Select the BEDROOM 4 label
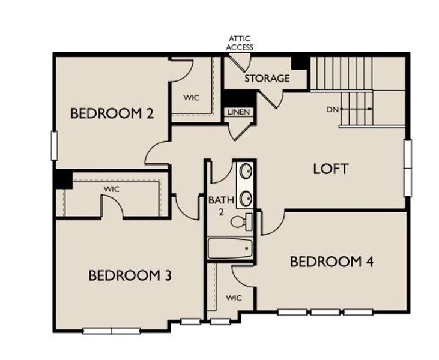(332, 262)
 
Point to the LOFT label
(330, 169)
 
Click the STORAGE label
(267, 79)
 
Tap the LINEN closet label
(239, 112)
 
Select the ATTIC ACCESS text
(240, 43)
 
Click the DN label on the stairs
(333, 109)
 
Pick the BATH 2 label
(219, 206)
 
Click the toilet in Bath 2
(240, 222)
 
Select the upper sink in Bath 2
(246, 172)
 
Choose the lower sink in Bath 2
(246, 197)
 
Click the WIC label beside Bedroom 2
(191, 97)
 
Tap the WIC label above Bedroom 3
(111, 189)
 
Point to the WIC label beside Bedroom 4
(234, 298)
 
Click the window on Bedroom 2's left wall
(54, 146)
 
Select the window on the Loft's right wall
(408, 167)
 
